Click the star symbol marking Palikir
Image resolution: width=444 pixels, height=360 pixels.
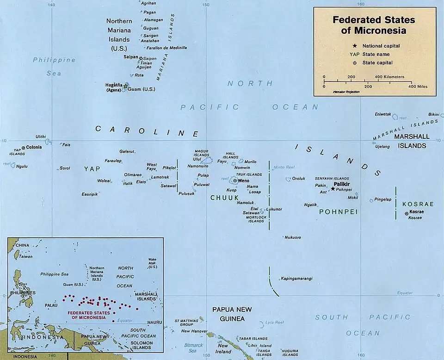333,189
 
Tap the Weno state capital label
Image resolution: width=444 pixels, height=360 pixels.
243,180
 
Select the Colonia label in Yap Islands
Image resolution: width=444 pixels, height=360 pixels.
34,147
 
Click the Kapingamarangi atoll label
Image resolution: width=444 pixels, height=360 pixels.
296,279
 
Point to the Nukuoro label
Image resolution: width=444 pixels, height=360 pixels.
293,237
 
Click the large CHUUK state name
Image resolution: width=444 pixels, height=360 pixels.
224,198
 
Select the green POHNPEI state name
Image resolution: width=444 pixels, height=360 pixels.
338,211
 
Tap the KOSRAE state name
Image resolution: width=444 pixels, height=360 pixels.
418,204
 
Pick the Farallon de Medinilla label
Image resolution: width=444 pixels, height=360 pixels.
166,48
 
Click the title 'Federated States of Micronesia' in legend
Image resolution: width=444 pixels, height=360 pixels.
374,25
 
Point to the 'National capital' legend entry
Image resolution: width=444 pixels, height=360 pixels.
381,46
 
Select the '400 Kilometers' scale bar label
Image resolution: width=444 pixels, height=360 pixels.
389,76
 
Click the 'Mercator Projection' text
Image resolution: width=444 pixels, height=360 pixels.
346,92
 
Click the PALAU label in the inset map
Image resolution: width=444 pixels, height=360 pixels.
51,305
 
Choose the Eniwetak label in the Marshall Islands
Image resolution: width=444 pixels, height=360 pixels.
382,114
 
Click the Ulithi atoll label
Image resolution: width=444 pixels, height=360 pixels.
41,137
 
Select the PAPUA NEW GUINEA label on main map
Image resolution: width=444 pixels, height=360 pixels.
228,314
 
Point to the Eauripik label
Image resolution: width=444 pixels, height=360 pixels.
90,194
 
